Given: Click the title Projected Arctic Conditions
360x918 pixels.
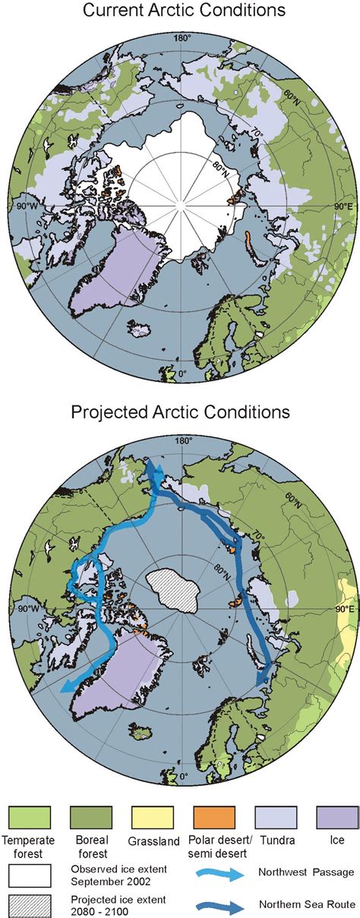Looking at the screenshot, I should (x=180, y=412).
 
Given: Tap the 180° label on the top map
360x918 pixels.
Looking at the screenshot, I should (x=183, y=37).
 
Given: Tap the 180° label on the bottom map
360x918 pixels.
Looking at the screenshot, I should (x=183, y=440).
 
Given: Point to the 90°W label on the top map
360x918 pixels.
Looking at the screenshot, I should (x=37, y=206).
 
